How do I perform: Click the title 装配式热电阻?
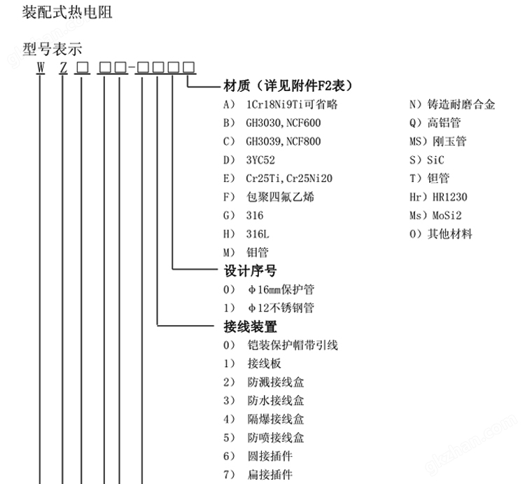tap(67, 13)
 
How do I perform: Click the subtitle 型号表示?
tap(52, 49)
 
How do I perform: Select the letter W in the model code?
tap(41, 68)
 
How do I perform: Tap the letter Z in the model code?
tap(63, 68)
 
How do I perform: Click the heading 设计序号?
tap(250, 270)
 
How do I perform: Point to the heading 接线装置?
tap(250, 326)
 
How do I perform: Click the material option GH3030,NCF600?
tap(283, 123)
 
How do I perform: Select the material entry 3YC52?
tap(260, 160)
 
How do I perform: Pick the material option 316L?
tap(258, 234)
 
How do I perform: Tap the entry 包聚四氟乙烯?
tap(280, 197)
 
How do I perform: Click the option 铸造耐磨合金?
tap(461, 104)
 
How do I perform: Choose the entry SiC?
tap(435, 160)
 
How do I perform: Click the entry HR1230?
tap(449, 197)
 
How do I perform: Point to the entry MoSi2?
tap(447, 215)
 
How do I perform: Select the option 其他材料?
tap(449, 234)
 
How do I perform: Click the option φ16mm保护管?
tap(281, 289)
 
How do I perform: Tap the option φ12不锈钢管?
tap(281, 307)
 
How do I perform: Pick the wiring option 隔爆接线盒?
tap(276, 419)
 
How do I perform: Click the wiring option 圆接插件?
tap(270, 456)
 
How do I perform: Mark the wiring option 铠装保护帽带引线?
tap(293, 345)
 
